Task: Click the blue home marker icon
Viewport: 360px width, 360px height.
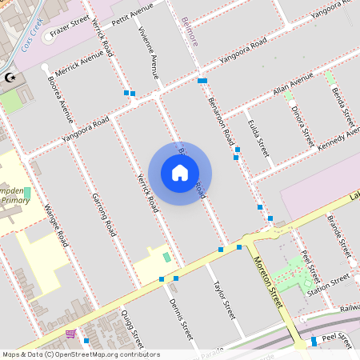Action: [x=180, y=172]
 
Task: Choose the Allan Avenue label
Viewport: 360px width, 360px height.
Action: [x=293, y=83]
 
